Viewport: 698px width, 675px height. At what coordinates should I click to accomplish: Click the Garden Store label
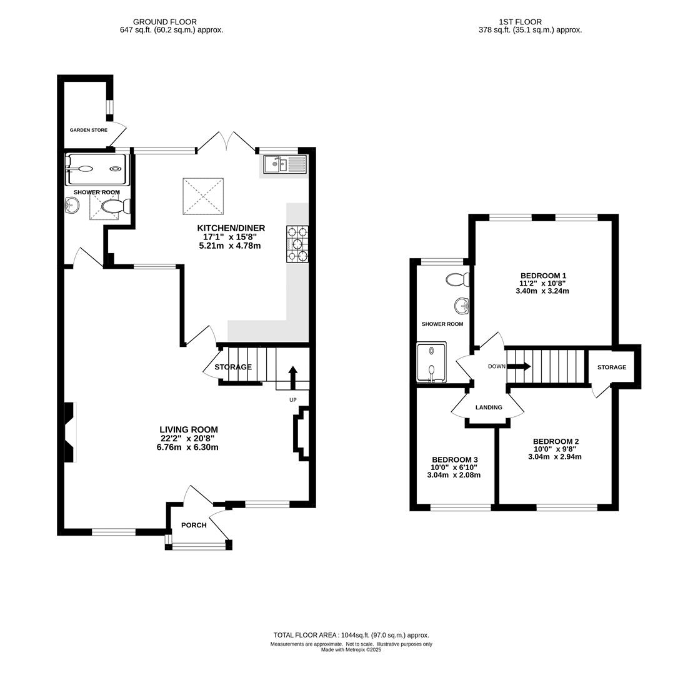[x=89, y=130]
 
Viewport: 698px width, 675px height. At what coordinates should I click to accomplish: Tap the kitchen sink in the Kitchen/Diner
[x=284, y=164]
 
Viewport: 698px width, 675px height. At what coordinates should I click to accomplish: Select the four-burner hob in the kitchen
[x=298, y=244]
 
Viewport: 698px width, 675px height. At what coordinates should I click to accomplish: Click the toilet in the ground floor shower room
[x=116, y=207]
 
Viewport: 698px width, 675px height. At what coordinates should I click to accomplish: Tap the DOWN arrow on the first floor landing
[x=519, y=366]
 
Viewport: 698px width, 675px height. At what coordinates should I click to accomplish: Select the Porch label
[x=194, y=526]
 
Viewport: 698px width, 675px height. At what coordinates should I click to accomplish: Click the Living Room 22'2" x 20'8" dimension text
[x=189, y=439]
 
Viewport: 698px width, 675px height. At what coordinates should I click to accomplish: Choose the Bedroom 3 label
[x=455, y=459]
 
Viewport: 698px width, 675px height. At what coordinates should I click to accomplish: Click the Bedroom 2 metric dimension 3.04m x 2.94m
[x=555, y=457]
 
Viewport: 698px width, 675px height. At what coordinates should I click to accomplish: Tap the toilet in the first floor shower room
[x=457, y=279]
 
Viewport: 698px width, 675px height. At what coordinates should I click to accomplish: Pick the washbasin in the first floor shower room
[x=462, y=306]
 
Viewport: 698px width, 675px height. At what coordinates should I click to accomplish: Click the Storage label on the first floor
[x=612, y=367]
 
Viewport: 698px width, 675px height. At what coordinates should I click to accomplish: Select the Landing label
[x=489, y=407]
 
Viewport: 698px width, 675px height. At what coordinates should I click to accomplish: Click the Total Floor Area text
[x=351, y=636]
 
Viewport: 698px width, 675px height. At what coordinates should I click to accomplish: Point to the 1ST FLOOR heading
[x=521, y=22]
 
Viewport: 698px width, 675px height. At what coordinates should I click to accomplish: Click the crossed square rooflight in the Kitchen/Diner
[x=203, y=196]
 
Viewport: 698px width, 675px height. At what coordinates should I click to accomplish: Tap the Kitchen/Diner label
[x=231, y=228]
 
